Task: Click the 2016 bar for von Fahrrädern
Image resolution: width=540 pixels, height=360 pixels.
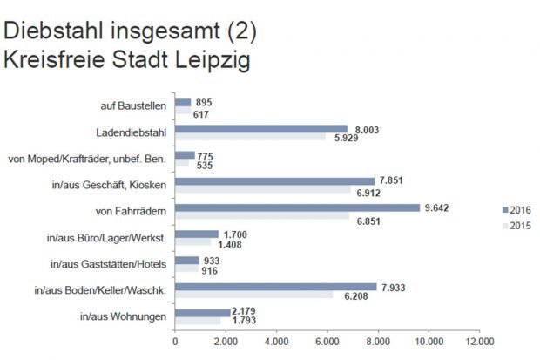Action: [297, 207]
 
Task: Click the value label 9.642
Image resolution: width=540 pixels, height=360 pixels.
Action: [435, 207]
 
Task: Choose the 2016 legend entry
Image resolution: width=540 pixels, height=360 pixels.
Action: [517, 210]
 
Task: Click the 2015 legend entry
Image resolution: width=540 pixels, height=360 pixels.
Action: [517, 227]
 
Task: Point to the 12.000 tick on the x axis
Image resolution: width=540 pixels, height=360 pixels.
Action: [479, 342]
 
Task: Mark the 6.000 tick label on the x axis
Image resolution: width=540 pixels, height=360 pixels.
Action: [327, 342]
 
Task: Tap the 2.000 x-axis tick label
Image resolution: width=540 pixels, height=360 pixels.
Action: [226, 342]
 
